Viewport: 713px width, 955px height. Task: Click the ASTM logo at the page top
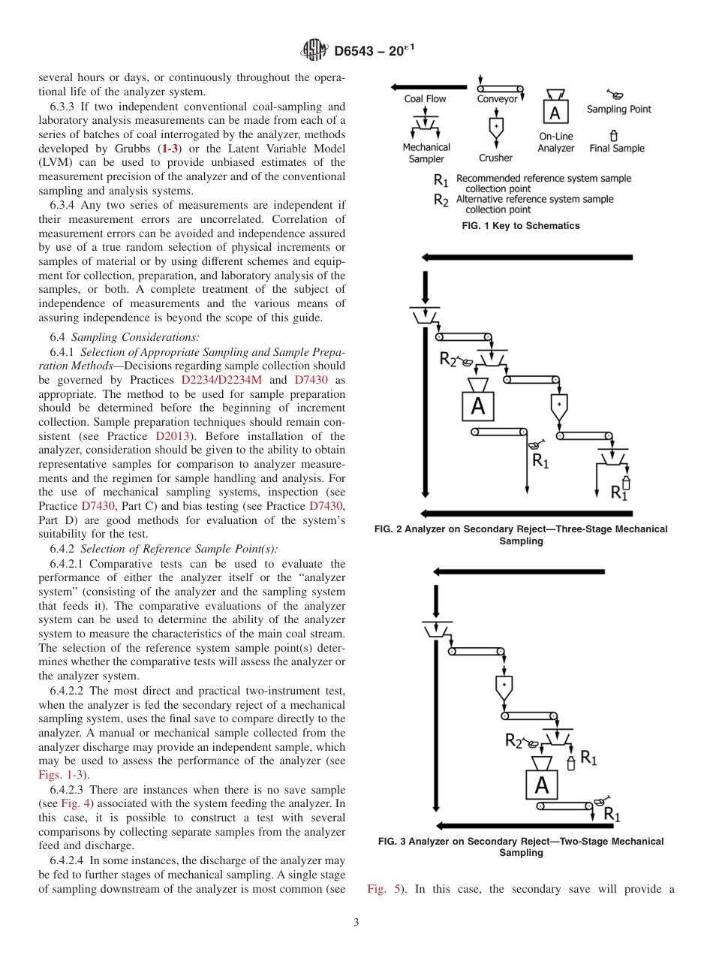coord(314,50)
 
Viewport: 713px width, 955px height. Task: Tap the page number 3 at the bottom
coord(356,923)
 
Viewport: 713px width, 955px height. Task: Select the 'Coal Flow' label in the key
coord(425,98)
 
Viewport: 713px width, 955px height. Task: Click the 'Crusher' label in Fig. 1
coord(495,158)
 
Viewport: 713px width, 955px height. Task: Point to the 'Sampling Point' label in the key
coord(618,109)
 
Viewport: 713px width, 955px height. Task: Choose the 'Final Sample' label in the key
coord(617,148)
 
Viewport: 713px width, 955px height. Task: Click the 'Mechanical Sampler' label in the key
coord(426,153)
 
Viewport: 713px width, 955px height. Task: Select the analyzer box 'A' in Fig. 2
coord(478,406)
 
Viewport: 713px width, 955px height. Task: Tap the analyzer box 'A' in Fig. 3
coord(541,785)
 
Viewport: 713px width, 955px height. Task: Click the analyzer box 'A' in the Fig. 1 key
coord(555,113)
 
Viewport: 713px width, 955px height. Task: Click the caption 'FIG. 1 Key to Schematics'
coord(521,226)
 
